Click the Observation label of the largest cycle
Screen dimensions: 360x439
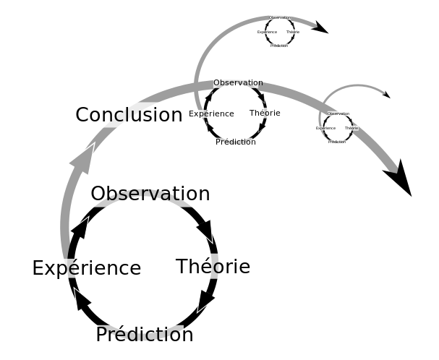coord(150,194)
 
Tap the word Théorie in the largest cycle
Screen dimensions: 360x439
coord(213,267)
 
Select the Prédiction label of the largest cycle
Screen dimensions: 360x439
coord(145,335)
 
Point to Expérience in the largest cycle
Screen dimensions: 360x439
coord(86,268)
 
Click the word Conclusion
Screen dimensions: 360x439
coord(129,115)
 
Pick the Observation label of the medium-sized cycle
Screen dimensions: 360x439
coord(238,83)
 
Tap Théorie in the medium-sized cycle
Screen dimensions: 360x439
coord(265,113)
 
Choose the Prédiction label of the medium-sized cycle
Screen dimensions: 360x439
coord(236,142)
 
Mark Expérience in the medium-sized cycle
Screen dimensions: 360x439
coord(211,113)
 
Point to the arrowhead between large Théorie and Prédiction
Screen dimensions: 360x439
coord(206,299)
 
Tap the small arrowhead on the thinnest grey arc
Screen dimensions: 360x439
coord(385,94)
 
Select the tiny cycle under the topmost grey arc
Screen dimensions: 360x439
coord(279,32)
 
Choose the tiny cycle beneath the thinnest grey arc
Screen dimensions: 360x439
coord(338,127)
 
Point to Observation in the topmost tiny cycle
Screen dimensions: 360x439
coord(279,17)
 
